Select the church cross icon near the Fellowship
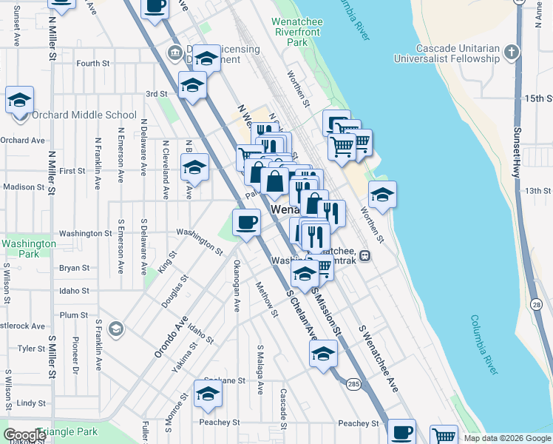click(x=512, y=52)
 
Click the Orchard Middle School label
click(x=84, y=115)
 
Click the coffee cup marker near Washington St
click(x=246, y=221)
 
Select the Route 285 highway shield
click(x=352, y=384)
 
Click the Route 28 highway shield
click(x=536, y=305)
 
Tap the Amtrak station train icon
click(x=364, y=256)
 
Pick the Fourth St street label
click(x=93, y=64)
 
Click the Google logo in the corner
click(x=24, y=435)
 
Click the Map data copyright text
click(x=508, y=438)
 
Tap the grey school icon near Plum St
click(x=115, y=328)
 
